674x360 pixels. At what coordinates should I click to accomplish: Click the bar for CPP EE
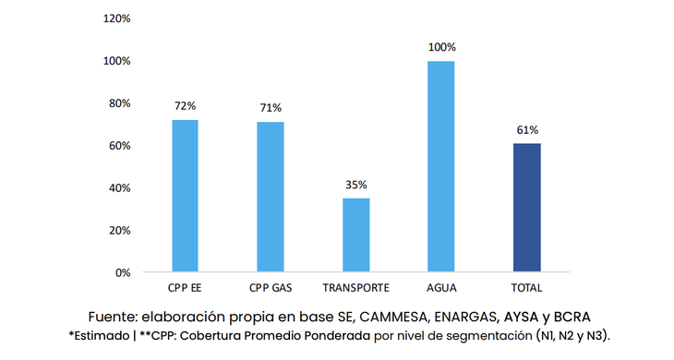185,196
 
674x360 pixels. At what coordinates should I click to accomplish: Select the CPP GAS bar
271,197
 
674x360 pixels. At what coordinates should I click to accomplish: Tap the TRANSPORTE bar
355,234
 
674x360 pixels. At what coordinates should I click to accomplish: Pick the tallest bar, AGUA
441,166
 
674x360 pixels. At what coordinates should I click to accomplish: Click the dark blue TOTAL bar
527,207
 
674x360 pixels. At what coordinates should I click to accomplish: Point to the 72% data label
185,106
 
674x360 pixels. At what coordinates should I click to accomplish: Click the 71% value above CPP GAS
271,108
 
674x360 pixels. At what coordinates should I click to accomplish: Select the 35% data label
355,185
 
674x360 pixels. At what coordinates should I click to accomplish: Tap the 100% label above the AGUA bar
441,47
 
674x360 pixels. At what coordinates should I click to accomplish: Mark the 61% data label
527,129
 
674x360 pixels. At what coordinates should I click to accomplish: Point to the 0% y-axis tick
122,272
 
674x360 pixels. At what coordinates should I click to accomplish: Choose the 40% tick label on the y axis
119,188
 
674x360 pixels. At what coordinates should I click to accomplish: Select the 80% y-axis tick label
119,103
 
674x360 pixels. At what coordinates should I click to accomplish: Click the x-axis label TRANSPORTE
355,287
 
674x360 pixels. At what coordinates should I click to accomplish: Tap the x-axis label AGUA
441,287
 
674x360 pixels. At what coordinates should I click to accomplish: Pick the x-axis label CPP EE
185,287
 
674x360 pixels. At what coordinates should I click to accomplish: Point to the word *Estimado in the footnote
99,333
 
